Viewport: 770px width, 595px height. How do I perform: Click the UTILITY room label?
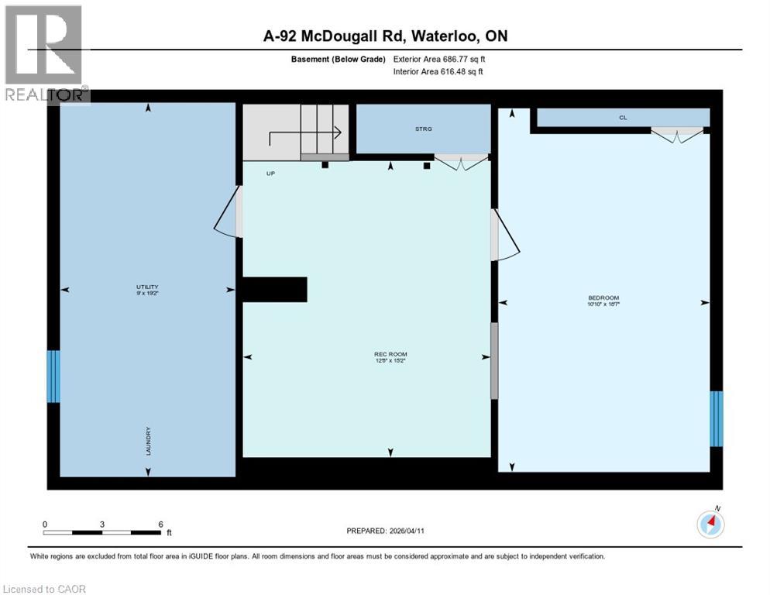click(x=147, y=289)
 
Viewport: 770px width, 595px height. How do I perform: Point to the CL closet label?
click(x=622, y=118)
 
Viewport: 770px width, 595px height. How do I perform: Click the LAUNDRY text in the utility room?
click(x=148, y=441)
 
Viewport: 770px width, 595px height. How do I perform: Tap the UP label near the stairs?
click(x=270, y=174)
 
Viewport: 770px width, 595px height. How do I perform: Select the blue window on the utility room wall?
click(x=53, y=377)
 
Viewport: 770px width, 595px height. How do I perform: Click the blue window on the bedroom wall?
click(x=716, y=419)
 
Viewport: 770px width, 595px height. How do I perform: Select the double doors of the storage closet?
click(x=461, y=161)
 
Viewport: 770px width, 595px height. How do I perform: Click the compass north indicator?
click(x=710, y=524)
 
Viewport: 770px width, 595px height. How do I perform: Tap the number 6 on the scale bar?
click(x=160, y=524)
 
